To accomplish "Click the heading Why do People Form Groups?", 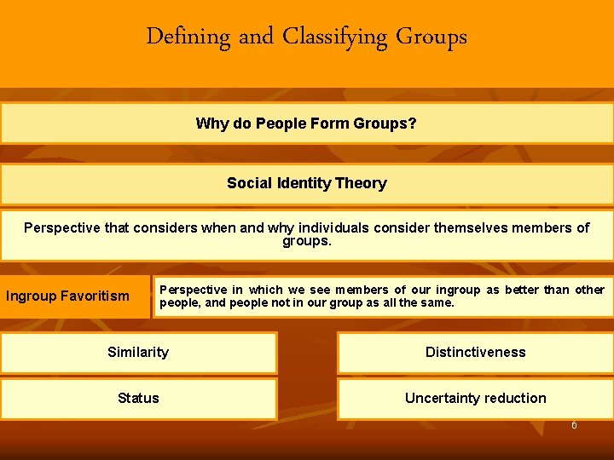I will click(306, 124).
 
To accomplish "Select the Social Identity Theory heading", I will click(306, 183).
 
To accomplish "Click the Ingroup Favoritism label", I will click(67, 296).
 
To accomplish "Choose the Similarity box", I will click(138, 353).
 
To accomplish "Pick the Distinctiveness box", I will click(475, 353).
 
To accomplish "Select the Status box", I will click(138, 398).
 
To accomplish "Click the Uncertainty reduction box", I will click(475, 398).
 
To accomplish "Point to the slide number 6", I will click(574, 425).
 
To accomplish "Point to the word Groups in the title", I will click(433, 37).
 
